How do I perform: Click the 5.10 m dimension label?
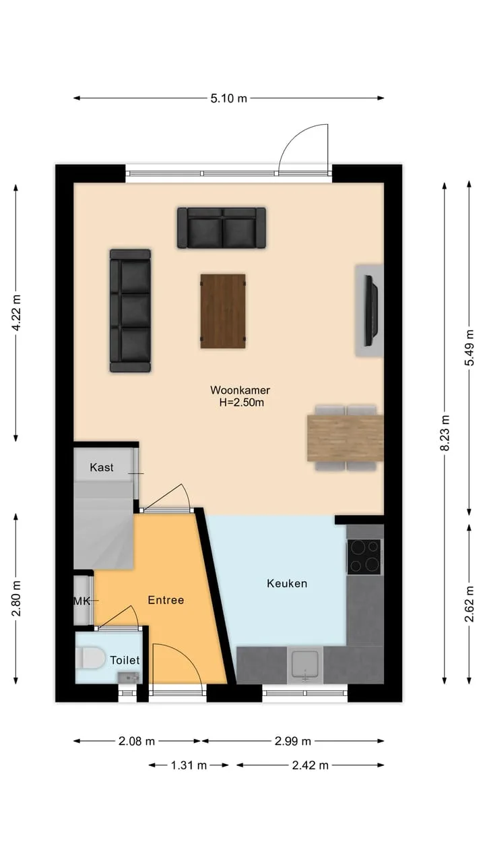pyautogui.click(x=228, y=98)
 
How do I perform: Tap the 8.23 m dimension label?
pyautogui.click(x=445, y=433)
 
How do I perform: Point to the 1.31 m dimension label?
pyautogui.click(x=189, y=765)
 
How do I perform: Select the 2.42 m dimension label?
pyautogui.click(x=311, y=765)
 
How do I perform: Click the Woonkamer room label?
pyautogui.click(x=240, y=390)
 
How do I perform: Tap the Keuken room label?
pyautogui.click(x=287, y=583)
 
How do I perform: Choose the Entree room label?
pyautogui.click(x=166, y=600)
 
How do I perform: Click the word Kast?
pyautogui.click(x=102, y=467)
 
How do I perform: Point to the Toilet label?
pyautogui.click(x=125, y=660)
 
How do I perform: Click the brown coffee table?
pyautogui.click(x=223, y=311)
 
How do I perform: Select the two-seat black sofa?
pyautogui.click(x=222, y=228)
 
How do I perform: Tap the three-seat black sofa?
pyautogui.click(x=131, y=311)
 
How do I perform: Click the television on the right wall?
pyautogui.click(x=371, y=311)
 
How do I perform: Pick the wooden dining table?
pyautogui.click(x=346, y=438)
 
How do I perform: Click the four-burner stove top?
pyautogui.click(x=364, y=557)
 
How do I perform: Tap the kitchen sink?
pyautogui.click(x=305, y=664)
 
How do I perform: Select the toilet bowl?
pyautogui.click(x=90, y=657)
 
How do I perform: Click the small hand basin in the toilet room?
pyautogui.click(x=128, y=677)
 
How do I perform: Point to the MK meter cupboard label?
pyautogui.click(x=82, y=601)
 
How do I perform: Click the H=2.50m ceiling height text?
pyautogui.click(x=242, y=403)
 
